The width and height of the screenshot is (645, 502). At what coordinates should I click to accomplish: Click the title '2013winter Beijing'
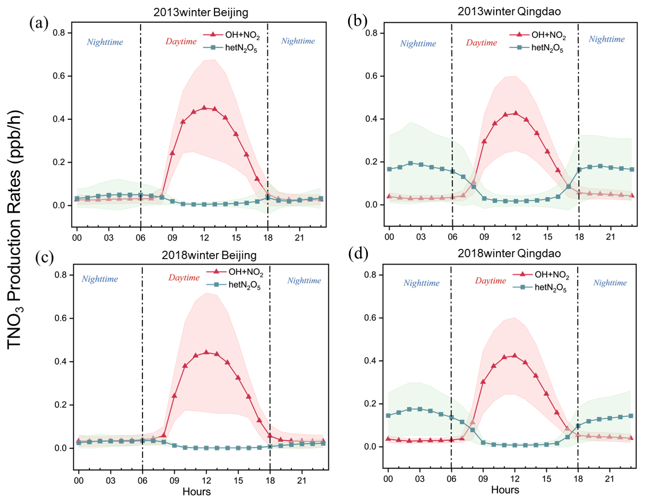coord(200,13)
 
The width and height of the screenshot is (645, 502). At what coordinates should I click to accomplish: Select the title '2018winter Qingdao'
coord(509,254)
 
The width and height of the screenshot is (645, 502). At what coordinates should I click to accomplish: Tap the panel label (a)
coord(39,23)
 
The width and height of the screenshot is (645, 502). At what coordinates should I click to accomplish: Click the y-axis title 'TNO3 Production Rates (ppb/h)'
coord(15,229)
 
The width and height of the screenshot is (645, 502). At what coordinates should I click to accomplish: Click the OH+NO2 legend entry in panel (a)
coord(232,35)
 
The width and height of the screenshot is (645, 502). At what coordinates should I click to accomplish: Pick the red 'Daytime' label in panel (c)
coord(184,278)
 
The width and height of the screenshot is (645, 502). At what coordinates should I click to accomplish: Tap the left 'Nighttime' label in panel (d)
coord(421,283)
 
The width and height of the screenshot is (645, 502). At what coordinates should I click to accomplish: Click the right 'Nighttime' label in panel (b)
coord(606,39)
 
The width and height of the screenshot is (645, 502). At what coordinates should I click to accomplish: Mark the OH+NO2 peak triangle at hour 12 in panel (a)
coord(204,108)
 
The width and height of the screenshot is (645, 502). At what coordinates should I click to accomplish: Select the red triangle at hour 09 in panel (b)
coord(484,141)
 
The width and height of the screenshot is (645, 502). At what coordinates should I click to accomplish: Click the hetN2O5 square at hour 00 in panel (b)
coord(389,169)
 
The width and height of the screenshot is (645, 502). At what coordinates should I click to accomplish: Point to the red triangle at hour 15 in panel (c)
coord(239,378)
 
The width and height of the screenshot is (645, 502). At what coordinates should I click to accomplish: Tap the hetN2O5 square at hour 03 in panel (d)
coord(420,409)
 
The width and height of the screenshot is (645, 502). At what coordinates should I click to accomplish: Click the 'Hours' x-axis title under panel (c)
coord(196,492)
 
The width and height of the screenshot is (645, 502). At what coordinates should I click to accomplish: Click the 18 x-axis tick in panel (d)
coord(578,479)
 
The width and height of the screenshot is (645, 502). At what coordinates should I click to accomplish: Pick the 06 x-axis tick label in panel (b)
coord(452,237)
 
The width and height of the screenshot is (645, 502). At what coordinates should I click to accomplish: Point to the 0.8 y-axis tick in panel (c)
coord(61,275)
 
